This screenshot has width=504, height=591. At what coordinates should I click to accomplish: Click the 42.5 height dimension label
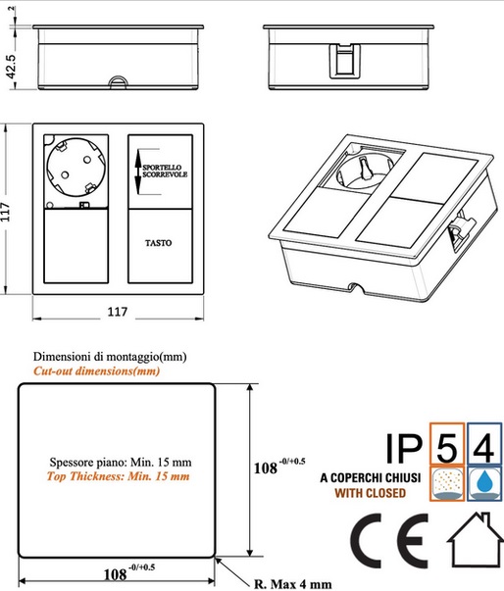[12, 67]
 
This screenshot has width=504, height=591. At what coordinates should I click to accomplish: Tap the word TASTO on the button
[158, 243]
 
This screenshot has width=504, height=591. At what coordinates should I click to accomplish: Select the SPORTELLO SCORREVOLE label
[165, 171]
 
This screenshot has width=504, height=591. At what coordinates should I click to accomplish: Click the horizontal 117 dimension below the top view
[118, 312]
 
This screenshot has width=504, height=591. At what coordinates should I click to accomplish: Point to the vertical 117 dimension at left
[5, 212]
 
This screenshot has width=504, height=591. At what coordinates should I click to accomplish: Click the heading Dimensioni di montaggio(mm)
[110, 357]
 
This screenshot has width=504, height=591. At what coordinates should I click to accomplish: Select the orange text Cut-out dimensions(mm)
[96, 371]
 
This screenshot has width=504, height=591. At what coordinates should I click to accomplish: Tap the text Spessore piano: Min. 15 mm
[121, 462]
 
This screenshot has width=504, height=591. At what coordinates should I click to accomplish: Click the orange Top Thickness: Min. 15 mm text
[118, 476]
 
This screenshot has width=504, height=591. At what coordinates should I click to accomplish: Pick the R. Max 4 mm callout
[293, 584]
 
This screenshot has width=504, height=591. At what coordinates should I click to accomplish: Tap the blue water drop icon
[484, 483]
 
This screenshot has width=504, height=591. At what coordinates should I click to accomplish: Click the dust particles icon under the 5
[447, 483]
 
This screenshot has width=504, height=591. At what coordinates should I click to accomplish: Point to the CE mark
[390, 541]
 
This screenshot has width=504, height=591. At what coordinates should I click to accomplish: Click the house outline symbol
[476, 539]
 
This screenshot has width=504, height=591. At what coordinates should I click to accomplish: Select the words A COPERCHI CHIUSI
[371, 478]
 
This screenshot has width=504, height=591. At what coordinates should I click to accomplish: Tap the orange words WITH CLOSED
[371, 493]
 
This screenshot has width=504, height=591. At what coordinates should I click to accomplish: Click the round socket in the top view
[76, 167]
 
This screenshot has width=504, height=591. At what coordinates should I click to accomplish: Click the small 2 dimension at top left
[12, 8]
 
